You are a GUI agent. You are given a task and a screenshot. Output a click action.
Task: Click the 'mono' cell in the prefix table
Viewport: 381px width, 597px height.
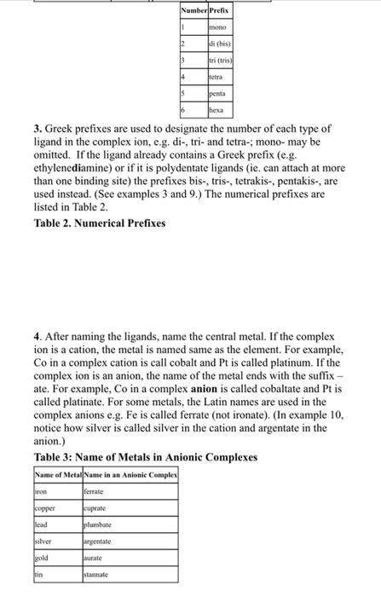coord(220,27)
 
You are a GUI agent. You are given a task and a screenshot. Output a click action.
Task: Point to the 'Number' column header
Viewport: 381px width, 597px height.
coord(193,10)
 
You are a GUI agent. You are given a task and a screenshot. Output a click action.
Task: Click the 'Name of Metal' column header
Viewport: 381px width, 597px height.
coord(57,473)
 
